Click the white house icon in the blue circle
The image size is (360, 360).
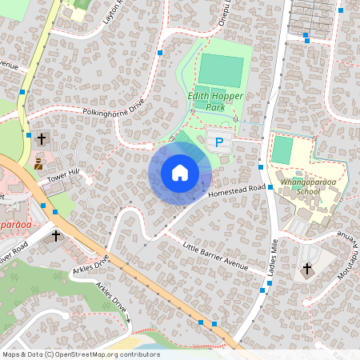(180, 173)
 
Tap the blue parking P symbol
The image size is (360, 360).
(218, 142)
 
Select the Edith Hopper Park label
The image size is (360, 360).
(214, 102)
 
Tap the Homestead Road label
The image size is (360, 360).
(236, 191)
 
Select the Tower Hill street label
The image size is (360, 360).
(63, 177)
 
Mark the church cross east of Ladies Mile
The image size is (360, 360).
(306, 270)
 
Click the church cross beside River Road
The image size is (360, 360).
(56, 236)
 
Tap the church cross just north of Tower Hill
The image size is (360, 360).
(41, 138)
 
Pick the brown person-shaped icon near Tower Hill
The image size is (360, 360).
(38, 164)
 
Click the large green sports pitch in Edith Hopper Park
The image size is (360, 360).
(222, 70)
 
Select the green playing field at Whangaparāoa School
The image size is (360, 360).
(282, 150)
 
